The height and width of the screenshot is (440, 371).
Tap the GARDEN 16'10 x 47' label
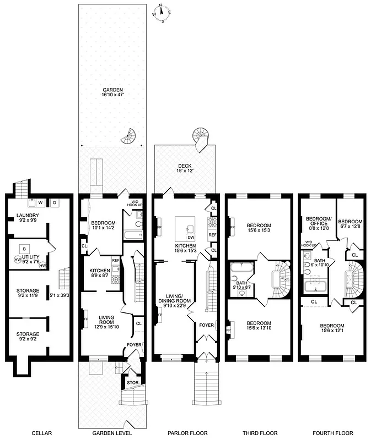coord(112,92)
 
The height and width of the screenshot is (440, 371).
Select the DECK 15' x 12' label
coord(185,168)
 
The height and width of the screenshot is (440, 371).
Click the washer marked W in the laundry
coord(40,203)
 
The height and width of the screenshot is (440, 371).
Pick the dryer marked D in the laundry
coord(55,203)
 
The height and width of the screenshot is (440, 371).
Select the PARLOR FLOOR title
coord(185,432)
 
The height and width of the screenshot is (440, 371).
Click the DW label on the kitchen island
coord(190,237)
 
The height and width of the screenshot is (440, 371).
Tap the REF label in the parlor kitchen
coord(212,234)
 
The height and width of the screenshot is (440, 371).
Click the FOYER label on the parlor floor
coord(205,324)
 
